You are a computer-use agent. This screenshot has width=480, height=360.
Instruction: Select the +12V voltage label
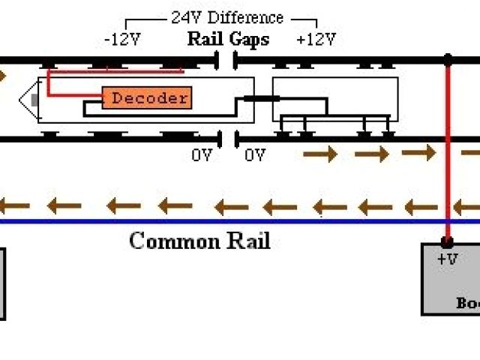pyautogui.click(x=316, y=39)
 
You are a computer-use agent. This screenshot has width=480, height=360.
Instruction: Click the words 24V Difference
pyautogui.click(x=227, y=17)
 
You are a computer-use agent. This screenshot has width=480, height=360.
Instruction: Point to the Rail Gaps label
pyautogui.click(x=228, y=39)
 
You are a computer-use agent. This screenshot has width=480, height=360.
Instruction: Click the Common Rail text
pyautogui.click(x=199, y=241)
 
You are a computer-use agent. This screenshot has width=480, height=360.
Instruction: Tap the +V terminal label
pyautogui.click(x=448, y=259)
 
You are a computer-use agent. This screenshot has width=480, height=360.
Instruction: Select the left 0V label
pyautogui.click(x=202, y=155)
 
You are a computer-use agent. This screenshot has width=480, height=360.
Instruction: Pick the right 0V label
pyautogui.click(x=255, y=155)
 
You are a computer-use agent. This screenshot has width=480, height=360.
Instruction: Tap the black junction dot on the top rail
pyautogui.click(x=448, y=58)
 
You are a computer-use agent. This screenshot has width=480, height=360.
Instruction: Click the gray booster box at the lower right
pyautogui.click(x=451, y=285)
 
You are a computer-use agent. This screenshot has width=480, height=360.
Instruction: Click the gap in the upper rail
pyautogui.click(x=226, y=59)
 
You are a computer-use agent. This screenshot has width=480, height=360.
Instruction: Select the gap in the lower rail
pyautogui.click(x=228, y=139)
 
